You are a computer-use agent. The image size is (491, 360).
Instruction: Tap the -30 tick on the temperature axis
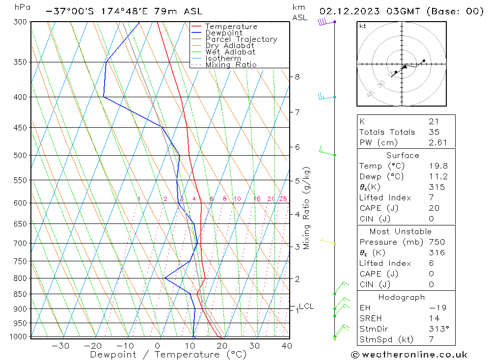(60, 346)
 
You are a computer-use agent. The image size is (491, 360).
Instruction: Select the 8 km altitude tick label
(298, 77)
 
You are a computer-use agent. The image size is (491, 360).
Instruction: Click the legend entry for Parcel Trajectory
(241, 39)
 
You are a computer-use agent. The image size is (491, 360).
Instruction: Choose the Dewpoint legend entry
(223, 33)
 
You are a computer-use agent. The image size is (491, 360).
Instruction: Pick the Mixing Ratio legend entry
(231, 65)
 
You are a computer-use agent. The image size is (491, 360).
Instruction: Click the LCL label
(306, 306)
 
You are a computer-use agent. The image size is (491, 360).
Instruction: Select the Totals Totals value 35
(434, 132)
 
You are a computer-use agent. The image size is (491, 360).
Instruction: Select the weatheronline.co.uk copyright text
(409, 354)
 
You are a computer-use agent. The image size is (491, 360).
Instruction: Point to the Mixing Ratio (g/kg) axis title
(307, 208)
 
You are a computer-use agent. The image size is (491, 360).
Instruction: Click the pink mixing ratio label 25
(283, 199)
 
